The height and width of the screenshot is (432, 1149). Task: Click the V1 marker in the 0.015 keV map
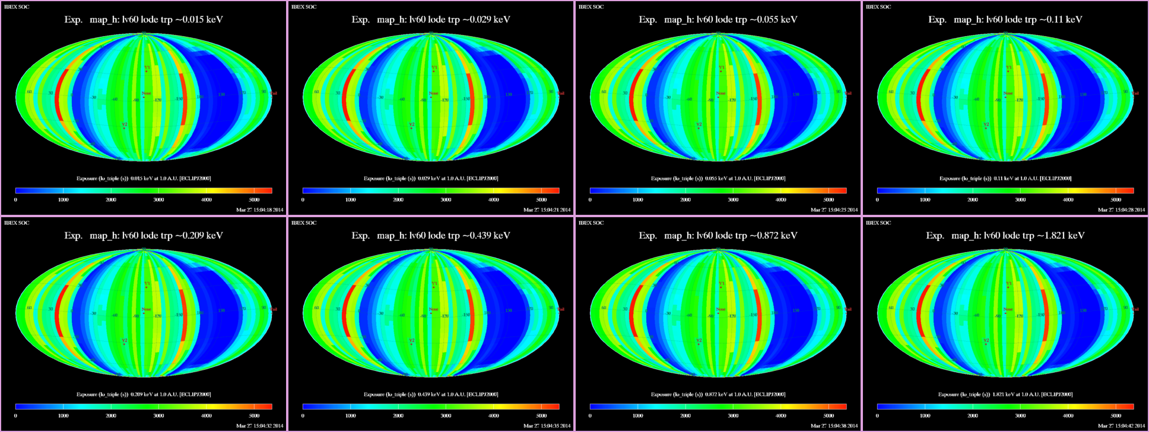point(147,68)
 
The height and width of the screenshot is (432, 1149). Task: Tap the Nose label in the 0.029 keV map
point(434,93)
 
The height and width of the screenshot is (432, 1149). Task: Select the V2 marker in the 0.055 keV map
point(699,125)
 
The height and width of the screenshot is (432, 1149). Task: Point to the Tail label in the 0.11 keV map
point(1135,93)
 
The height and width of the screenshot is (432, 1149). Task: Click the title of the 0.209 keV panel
point(144,236)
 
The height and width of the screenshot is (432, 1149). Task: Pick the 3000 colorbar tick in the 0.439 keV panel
point(446,416)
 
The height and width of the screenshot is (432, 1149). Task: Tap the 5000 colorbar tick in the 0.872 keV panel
point(829,416)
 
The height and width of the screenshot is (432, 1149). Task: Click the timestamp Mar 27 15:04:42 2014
point(1121,425)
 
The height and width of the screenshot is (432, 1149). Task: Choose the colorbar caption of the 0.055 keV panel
point(718,178)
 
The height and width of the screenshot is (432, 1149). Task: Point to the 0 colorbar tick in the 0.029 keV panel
point(303,200)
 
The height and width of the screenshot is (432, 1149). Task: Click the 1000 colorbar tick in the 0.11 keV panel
point(925,200)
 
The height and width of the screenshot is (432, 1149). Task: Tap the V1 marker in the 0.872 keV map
point(721,284)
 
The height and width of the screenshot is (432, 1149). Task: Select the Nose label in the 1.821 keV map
point(1008,309)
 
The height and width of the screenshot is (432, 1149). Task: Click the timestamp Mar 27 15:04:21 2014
point(547,209)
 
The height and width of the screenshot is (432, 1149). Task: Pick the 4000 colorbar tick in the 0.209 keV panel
point(206,416)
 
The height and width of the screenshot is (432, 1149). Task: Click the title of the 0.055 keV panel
point(718,20)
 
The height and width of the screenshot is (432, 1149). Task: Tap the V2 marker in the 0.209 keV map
point(124,341)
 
